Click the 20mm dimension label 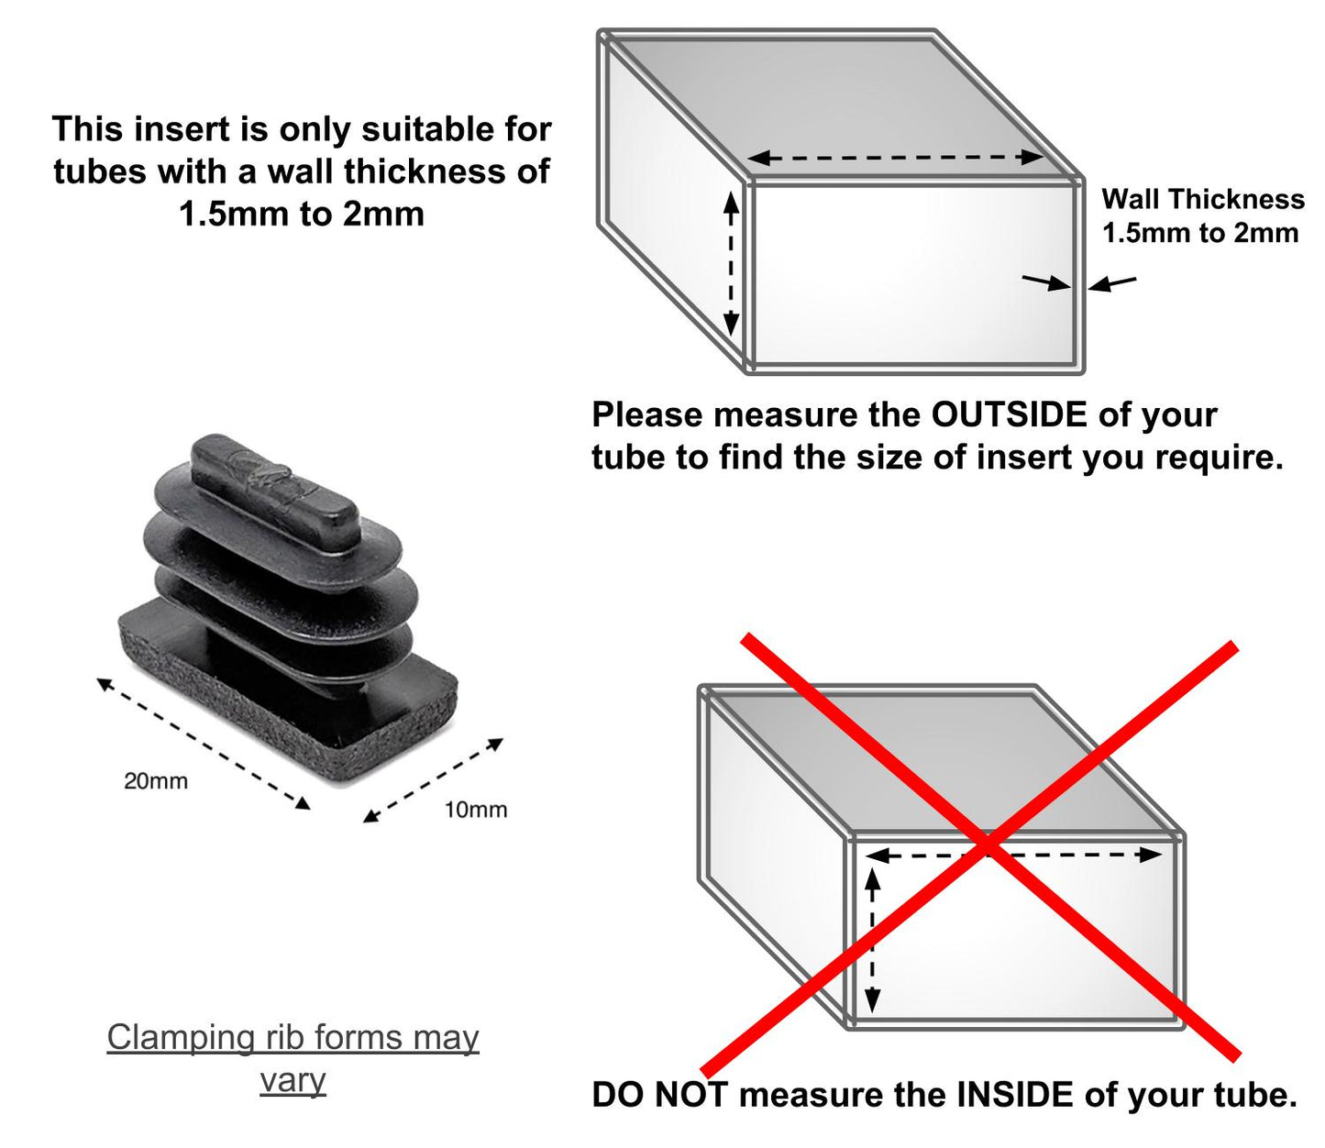[156, 781]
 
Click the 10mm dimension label [475, 810]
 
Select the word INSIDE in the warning [1015, 1095]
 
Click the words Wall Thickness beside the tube [1202, 199]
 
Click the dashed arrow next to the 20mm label [203, 743]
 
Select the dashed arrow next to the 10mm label [433, 779]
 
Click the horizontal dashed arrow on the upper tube [895, 158]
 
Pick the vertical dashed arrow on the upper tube [731, 263]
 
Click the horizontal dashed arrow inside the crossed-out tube [1013, 855]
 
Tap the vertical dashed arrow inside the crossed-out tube [873, 941]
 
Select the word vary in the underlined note [293, 1080]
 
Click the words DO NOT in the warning [660, 1095]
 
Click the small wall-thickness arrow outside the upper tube [1112, 283]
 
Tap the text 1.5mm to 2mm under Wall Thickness [1199, 233]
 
